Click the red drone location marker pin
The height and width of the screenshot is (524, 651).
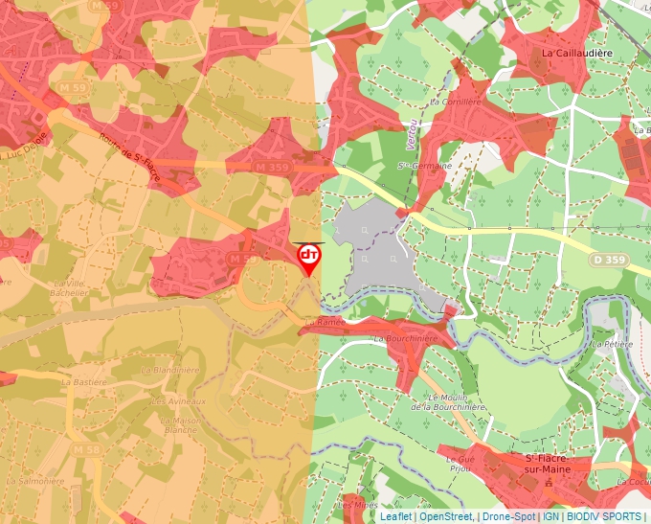pos(308,257)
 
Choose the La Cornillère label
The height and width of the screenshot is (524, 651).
pos(452,101)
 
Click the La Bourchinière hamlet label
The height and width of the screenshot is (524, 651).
pos(406,338)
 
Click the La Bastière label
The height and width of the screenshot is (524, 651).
pos(83,381)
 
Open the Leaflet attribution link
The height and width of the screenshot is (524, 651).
pos(395,516)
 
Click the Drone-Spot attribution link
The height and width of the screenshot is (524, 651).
pos(508,516)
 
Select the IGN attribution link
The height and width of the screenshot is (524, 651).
pos(551,516)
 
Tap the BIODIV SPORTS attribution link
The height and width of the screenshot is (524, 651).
pos(603,516)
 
